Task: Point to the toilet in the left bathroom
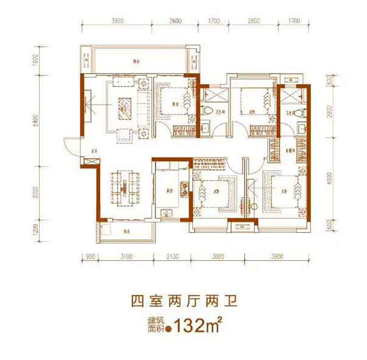pyautogui.click(x=209, y=112)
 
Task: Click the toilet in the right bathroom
pyautogui.click(x=297, y=113)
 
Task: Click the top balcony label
pyautogui.click(x=137, y=62)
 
